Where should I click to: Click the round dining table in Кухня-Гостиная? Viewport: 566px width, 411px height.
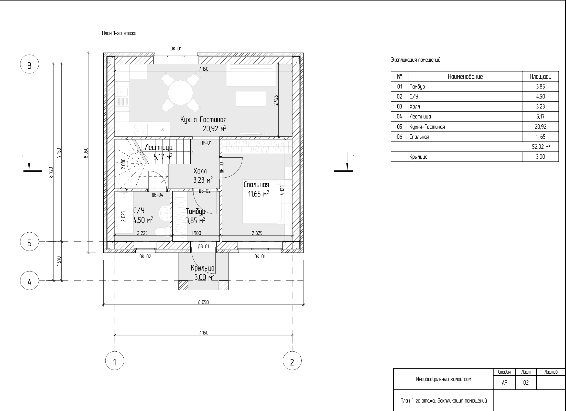point(180,92)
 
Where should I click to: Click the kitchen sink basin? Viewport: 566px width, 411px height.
point(122,92)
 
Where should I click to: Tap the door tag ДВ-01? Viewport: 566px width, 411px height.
point(204,246)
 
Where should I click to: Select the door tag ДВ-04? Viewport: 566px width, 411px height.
point(157,195)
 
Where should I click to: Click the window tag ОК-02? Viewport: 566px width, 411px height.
point(145,256)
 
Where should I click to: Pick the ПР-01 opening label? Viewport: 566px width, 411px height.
point(206,143)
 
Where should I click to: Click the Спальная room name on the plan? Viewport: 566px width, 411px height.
point(256,185)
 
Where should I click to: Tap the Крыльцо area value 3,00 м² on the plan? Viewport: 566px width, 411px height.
point(204,277)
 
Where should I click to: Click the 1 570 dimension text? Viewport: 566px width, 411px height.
point(59,261)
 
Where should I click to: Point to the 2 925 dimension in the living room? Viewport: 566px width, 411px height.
point(276,100)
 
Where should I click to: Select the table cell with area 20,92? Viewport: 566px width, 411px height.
point(540,127)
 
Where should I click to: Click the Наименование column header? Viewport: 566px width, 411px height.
point(465,77)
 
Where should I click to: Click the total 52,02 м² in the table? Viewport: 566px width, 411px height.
point(541,147)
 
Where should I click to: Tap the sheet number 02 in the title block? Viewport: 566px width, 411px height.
point(526,383)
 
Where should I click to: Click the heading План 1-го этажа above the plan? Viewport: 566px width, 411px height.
point(119,33)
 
